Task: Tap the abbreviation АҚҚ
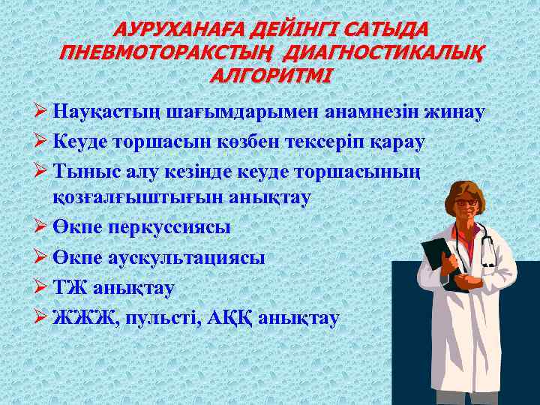[x=228, y=318]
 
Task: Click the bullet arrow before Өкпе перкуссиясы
[x=42, y=226]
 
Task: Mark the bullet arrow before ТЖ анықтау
[x=42, y=288]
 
